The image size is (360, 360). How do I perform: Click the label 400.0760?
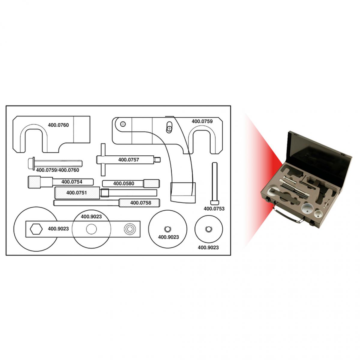[x=58, y=125]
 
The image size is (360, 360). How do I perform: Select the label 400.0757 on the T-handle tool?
[x=128, y=160]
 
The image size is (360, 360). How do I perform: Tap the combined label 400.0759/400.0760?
[x=58, y=170]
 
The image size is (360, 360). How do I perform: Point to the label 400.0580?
[x=124, y=184]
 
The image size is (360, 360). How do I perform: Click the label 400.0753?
[x=214, y=209]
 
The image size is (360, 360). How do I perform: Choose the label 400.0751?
[x=76, y=193]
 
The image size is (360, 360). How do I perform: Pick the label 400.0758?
[x=141, y=203]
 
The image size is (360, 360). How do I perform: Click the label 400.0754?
[x=72, y=182]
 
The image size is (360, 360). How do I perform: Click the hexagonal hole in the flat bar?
[x=36, y=229]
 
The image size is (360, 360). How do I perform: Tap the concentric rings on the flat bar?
[x=130, y=229]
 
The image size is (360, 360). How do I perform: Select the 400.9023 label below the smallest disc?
[x=208, y=247]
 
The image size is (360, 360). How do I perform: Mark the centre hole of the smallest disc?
[x=208, y=229]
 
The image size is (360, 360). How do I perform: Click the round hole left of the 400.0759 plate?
[x=123, y=124]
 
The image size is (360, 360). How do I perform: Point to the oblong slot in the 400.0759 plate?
[x=169, y=127]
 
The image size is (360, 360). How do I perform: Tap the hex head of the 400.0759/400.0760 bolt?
[x=31, y=163]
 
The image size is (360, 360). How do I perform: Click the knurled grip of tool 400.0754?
[x=34, y=182]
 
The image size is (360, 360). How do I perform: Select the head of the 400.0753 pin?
[x=214, y=202]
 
